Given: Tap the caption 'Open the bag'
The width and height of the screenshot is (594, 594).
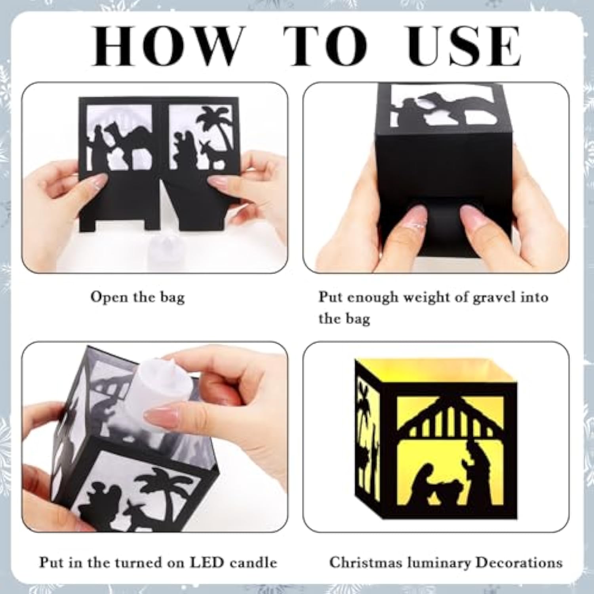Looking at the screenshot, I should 137,297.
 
